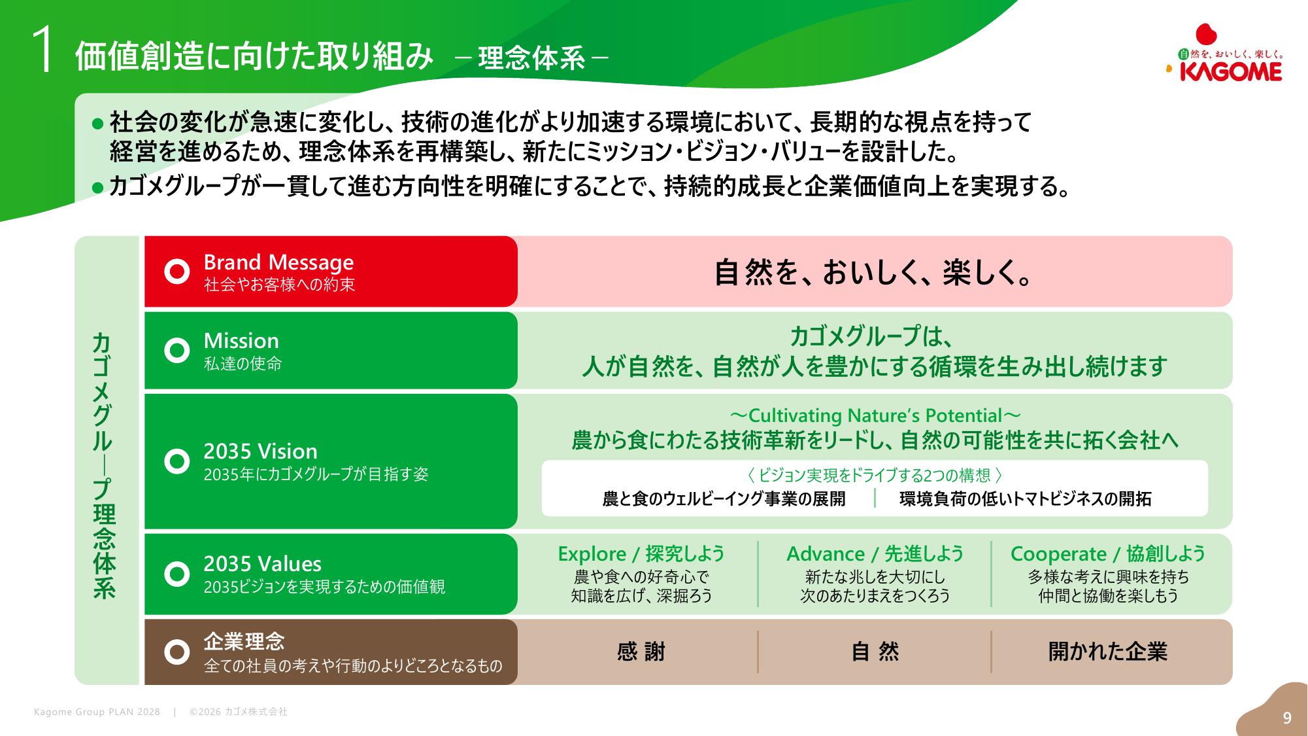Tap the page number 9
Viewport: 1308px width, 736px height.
pyautogui.click(x=1287, y=718)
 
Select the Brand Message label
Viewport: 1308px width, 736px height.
pyautogui.click(x=278, y=262)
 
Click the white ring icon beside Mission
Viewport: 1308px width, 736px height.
pyautogui.click(x=176, y=351)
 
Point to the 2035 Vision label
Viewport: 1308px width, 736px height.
pyautogui.click(x=260, y=451)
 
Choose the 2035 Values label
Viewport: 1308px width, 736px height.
pyautogui.click(x=262, y=564)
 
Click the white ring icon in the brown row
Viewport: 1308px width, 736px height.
pyautogui.click(x=176, y=652)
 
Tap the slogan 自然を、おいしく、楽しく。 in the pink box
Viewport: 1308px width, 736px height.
pyautogui.click(x=874, y=272)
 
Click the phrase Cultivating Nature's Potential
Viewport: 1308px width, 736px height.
pyautogui.click(x=875, y=416)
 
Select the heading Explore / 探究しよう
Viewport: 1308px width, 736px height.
pyautogui.click(x=641, y=554)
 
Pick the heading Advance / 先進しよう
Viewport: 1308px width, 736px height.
pyautogui.click(x=875, y=554)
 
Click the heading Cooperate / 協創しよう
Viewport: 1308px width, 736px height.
pyautogui.click(x=1107, y=554)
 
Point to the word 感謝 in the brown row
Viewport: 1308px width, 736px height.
pyautogui.click(x=641, y=652)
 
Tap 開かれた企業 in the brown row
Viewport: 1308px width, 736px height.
pyautogui.click(x=1107, y=652)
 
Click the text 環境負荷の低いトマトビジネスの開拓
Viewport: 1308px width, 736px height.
pyautogui.click(x=1025, y=499)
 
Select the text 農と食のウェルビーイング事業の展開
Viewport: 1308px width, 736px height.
pyautogui.click(x=724, y=499)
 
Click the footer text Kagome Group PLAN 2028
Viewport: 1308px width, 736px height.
pyautogui.click(x=97, y=712)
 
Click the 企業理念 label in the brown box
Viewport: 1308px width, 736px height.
pyautogui.click(x=244, y=641)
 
